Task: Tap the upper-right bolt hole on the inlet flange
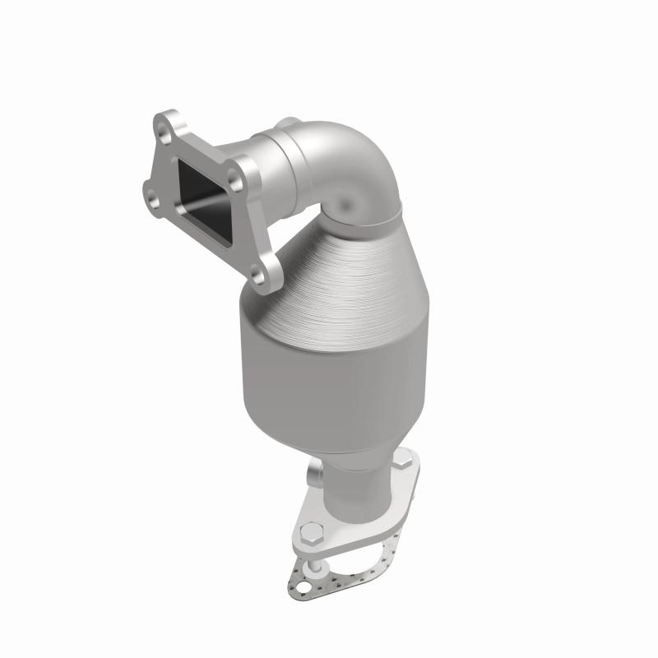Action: click(x=238, y=174)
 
